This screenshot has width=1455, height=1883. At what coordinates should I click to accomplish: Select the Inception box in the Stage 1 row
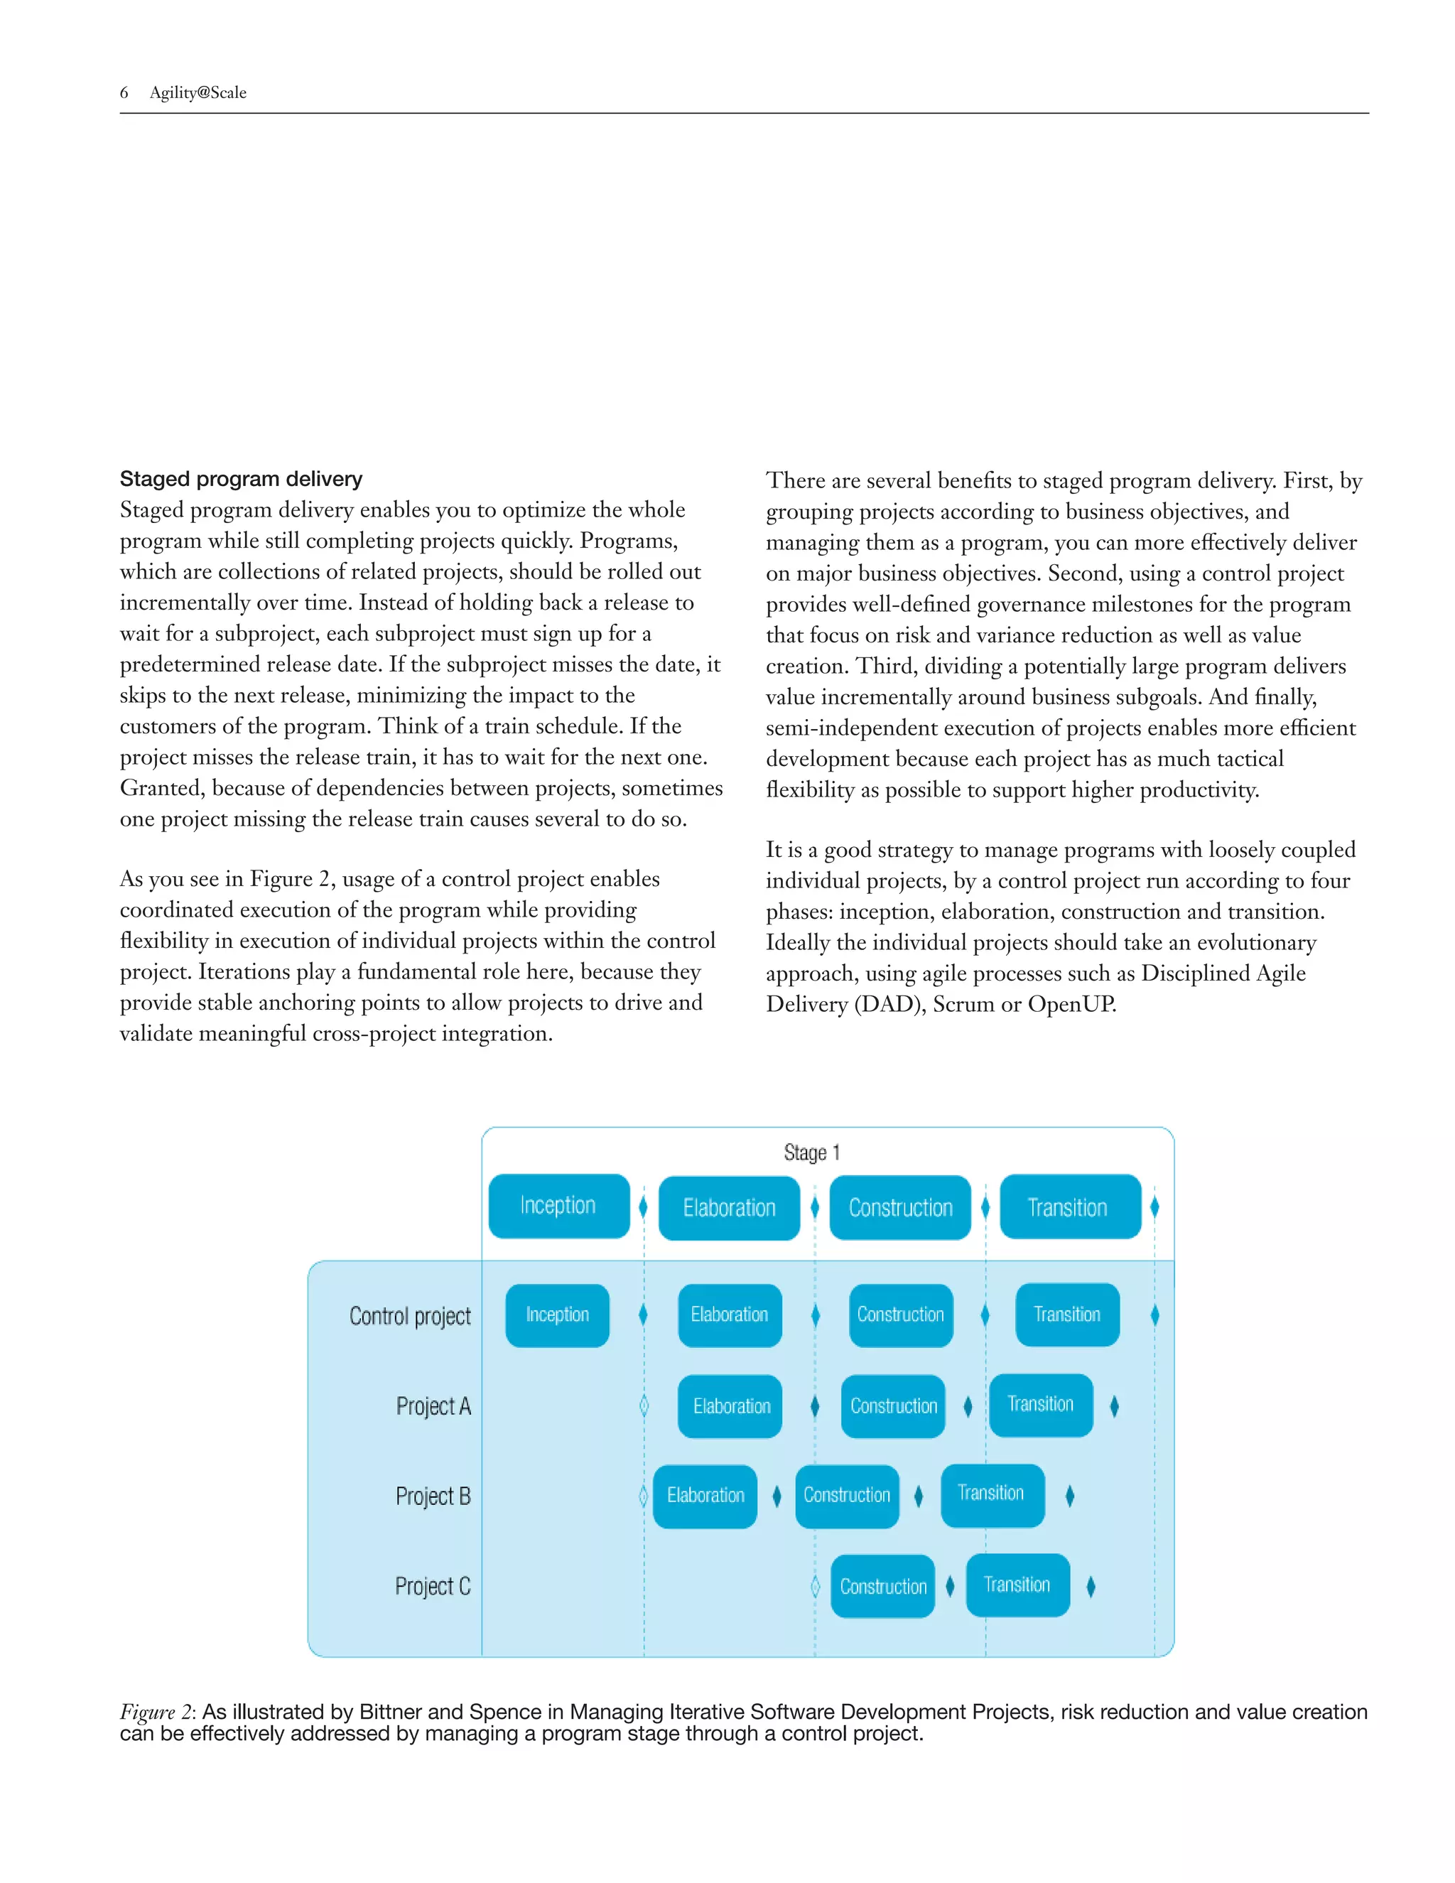(x=558, y=1205)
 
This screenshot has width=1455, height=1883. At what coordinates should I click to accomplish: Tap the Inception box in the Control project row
(x=557, y=1315)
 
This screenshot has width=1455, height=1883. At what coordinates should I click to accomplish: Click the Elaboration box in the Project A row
(x=730, y=1406)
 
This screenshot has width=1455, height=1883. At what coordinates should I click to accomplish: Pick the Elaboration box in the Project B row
(x=704, y=1496)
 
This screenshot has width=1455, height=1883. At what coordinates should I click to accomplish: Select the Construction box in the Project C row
(x=882, y=1587)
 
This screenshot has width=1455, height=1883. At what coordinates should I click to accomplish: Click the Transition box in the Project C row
(x=1017, y=1585)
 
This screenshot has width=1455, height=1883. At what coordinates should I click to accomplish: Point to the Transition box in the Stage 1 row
(x=1069, y=1207)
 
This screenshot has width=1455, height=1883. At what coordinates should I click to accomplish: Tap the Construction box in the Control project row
(x=901, y=1315)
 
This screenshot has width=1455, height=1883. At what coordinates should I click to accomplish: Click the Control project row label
(x=411, y=1317)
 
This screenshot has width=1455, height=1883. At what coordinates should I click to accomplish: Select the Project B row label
(x=433, y=1496)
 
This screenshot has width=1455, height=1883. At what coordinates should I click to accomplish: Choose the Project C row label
(x=433, y=1587)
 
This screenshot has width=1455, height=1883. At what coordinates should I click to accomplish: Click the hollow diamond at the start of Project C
(x=816, y=1587)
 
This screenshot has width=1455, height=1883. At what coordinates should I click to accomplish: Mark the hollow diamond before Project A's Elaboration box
(x=644, y=1406)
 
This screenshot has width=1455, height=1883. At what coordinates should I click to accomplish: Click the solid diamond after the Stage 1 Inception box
(x=643, y=1207)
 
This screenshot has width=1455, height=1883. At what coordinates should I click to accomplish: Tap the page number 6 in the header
(x=124, y=92)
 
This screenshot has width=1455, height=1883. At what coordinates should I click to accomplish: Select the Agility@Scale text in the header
(x=198, y=92)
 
